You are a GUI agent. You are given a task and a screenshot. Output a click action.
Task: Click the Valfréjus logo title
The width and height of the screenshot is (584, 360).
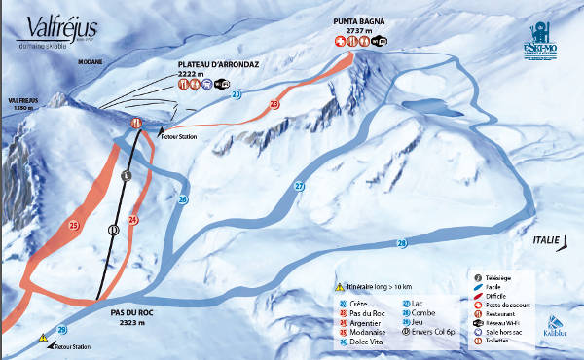(42, 26)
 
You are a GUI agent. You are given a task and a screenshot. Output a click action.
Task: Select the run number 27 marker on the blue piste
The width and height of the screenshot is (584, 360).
(299, 186)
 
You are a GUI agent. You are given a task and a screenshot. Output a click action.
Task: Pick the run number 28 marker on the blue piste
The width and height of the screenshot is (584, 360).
(401, 242)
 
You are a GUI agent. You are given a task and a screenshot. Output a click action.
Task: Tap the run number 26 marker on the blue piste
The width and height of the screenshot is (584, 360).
(182, 199)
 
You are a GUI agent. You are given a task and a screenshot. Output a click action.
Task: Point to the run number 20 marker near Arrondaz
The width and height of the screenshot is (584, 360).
(237, 94)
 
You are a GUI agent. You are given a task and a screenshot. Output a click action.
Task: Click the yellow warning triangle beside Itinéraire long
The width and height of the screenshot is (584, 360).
(340, 287)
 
